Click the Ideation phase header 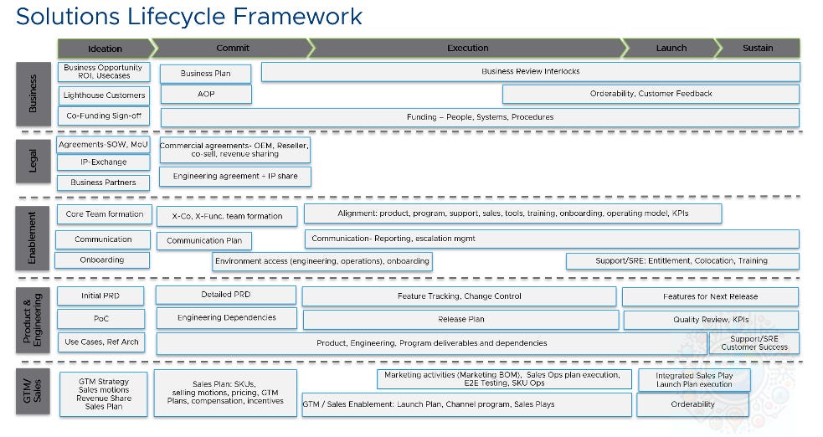105,48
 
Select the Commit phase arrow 232,48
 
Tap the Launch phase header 671,48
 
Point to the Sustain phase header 758,48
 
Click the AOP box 206,94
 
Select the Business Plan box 206,73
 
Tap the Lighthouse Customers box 104,95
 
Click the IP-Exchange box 104,162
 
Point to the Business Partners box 104,182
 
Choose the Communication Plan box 204,240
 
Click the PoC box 101,319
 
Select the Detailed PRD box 226,295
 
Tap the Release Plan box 460,319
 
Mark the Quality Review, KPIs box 711,320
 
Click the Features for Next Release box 710,296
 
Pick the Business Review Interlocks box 530,71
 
